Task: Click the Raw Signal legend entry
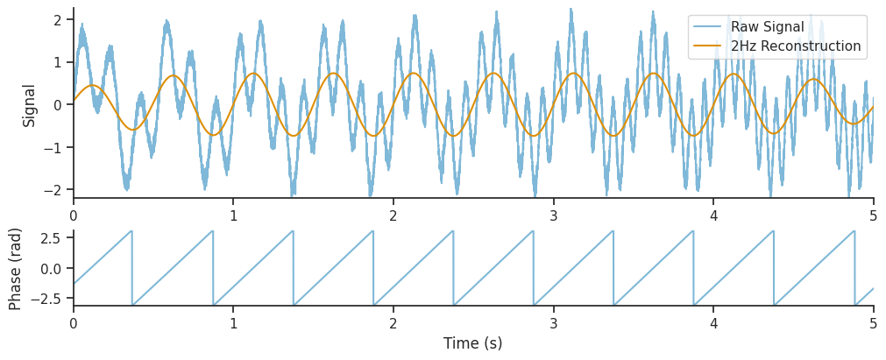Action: pos(767,27)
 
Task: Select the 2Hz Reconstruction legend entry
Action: pos(795,46)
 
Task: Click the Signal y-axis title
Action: pos(30,105)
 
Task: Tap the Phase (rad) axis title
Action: pos(16,269)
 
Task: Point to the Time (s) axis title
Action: pos(473,343)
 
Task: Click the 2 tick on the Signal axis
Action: pos(56,19)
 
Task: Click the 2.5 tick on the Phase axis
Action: pos(50,237)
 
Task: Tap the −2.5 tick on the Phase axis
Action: pos(46,299)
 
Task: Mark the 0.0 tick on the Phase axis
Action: pos(50,268)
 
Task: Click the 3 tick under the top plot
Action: pos(554,215)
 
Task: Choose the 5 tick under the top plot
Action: pos(874,215)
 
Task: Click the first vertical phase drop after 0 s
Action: pos(132,268)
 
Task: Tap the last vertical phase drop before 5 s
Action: pos(854,268)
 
